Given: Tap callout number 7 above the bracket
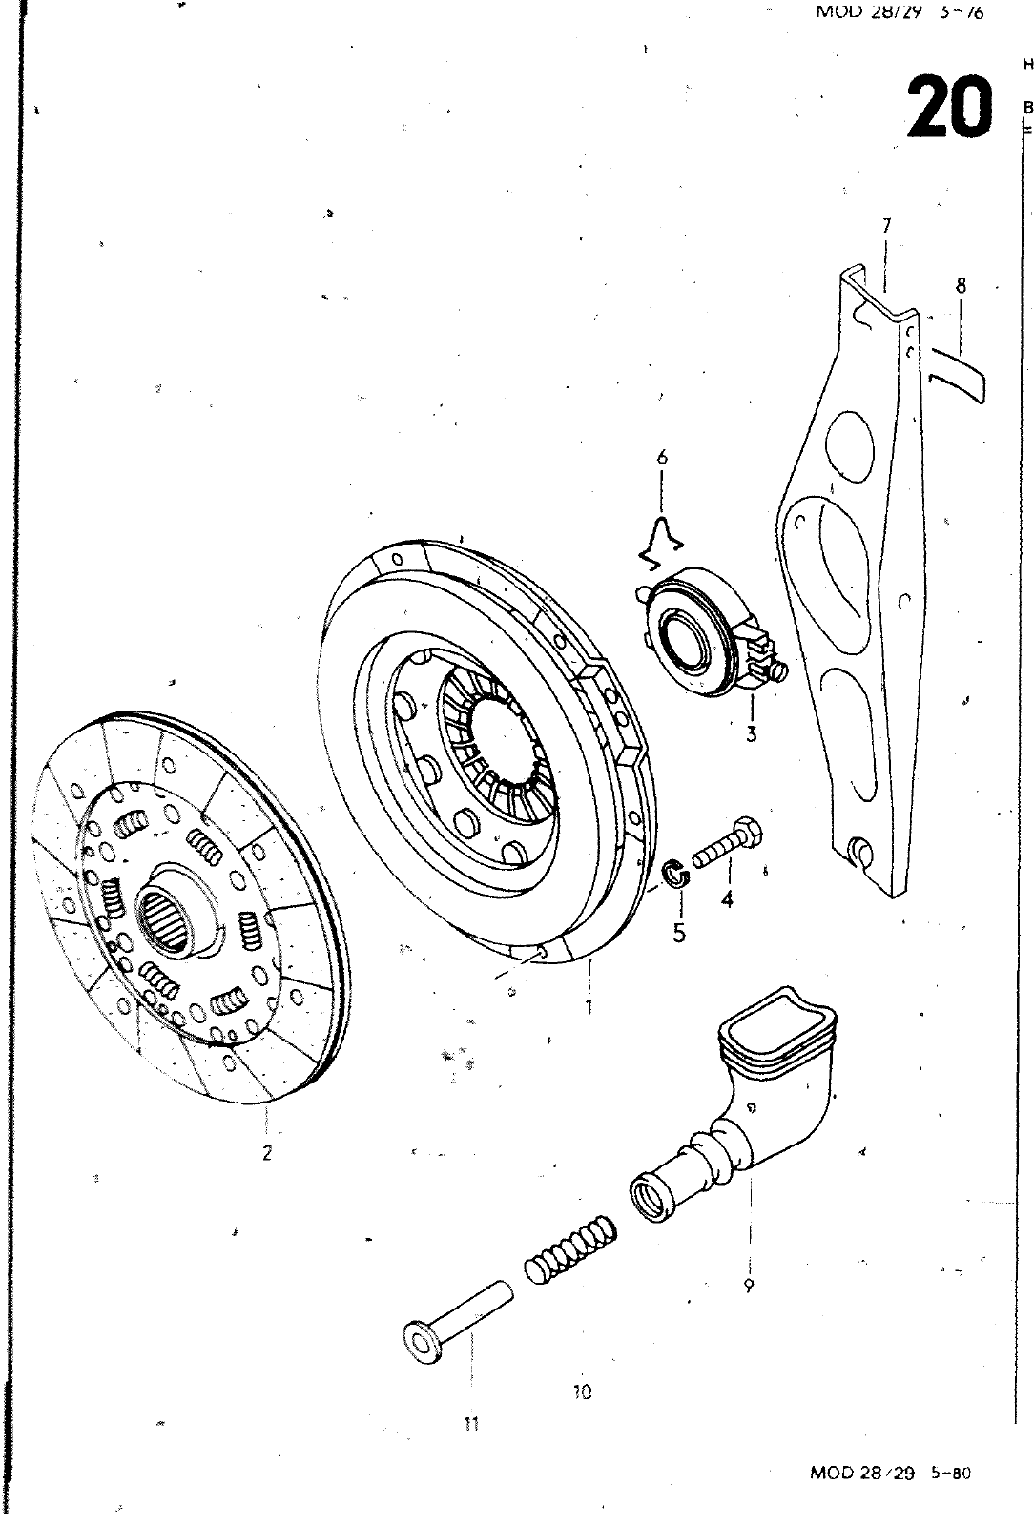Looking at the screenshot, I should point(886,226).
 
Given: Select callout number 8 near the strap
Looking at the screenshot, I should point(961,285).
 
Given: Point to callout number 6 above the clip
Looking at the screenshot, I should point(662,458).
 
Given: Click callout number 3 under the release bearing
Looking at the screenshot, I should point(752,734).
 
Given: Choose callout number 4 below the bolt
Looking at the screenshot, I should point(727,898).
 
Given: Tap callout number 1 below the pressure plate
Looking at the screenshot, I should point(589,1005).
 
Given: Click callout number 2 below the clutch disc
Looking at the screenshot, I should point(267,1151).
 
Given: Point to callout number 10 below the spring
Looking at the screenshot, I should point(584,1391).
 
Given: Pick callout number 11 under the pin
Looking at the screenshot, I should point(470,1424).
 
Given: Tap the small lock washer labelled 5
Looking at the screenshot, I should point(675,872).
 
